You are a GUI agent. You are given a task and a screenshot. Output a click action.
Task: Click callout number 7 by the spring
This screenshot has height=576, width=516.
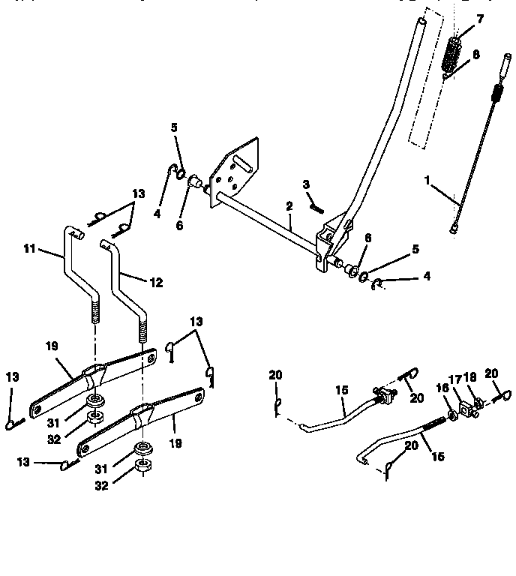(x=480, y=18)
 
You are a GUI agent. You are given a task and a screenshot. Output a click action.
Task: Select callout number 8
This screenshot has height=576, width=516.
(x=476, y=55)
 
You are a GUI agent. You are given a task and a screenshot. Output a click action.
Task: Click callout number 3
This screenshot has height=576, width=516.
(x=306, y=184)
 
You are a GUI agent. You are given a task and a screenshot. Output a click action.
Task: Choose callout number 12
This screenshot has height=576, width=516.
(x=156, y=283)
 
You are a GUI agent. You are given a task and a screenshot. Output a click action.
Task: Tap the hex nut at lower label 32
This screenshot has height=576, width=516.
(x=142, y=469)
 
